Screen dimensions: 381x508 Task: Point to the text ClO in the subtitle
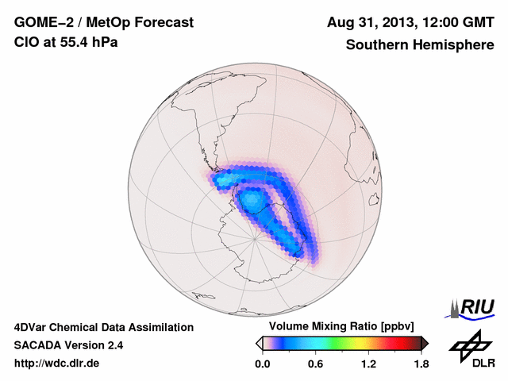(26, 42)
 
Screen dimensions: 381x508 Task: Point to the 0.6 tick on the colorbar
(315, 364)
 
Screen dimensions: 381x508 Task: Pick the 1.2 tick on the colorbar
(368, 364)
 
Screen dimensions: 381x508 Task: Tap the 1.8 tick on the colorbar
(421, 364)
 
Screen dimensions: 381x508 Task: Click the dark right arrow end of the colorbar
(425, 343)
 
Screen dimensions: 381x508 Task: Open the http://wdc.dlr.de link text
(57, 364)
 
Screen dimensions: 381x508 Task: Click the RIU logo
(475, 307)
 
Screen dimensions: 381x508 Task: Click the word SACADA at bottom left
(39, 345)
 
